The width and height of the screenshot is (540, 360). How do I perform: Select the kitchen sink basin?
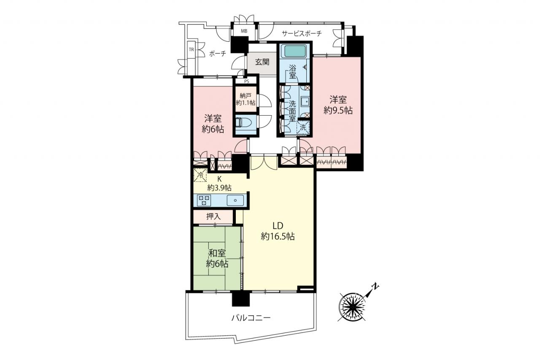[x=235, y=200]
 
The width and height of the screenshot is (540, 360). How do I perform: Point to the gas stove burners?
[x=204, y=200]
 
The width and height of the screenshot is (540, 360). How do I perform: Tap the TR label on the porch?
[x=192, y=50]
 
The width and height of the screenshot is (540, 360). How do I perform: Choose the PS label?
[x=246, y=81]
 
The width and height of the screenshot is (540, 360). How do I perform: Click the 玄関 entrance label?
[x=262, y=62]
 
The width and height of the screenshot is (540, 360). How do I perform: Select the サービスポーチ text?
[x=302, y=33]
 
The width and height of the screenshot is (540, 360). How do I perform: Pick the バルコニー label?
[x=251, y=318]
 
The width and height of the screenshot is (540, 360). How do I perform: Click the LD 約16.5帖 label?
[x=278, y=231]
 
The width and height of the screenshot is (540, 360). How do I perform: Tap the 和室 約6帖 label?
[x=217, y=258]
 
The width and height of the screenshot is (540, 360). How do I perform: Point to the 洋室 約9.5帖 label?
[x=338, y=105]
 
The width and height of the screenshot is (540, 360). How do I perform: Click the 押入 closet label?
[x=213, y=217]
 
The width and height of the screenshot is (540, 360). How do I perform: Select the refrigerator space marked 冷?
[x=200, y=175]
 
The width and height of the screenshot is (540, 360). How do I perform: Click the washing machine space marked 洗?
[x=303, y=127]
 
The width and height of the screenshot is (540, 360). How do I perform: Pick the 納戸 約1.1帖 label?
[x=246, y=99]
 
